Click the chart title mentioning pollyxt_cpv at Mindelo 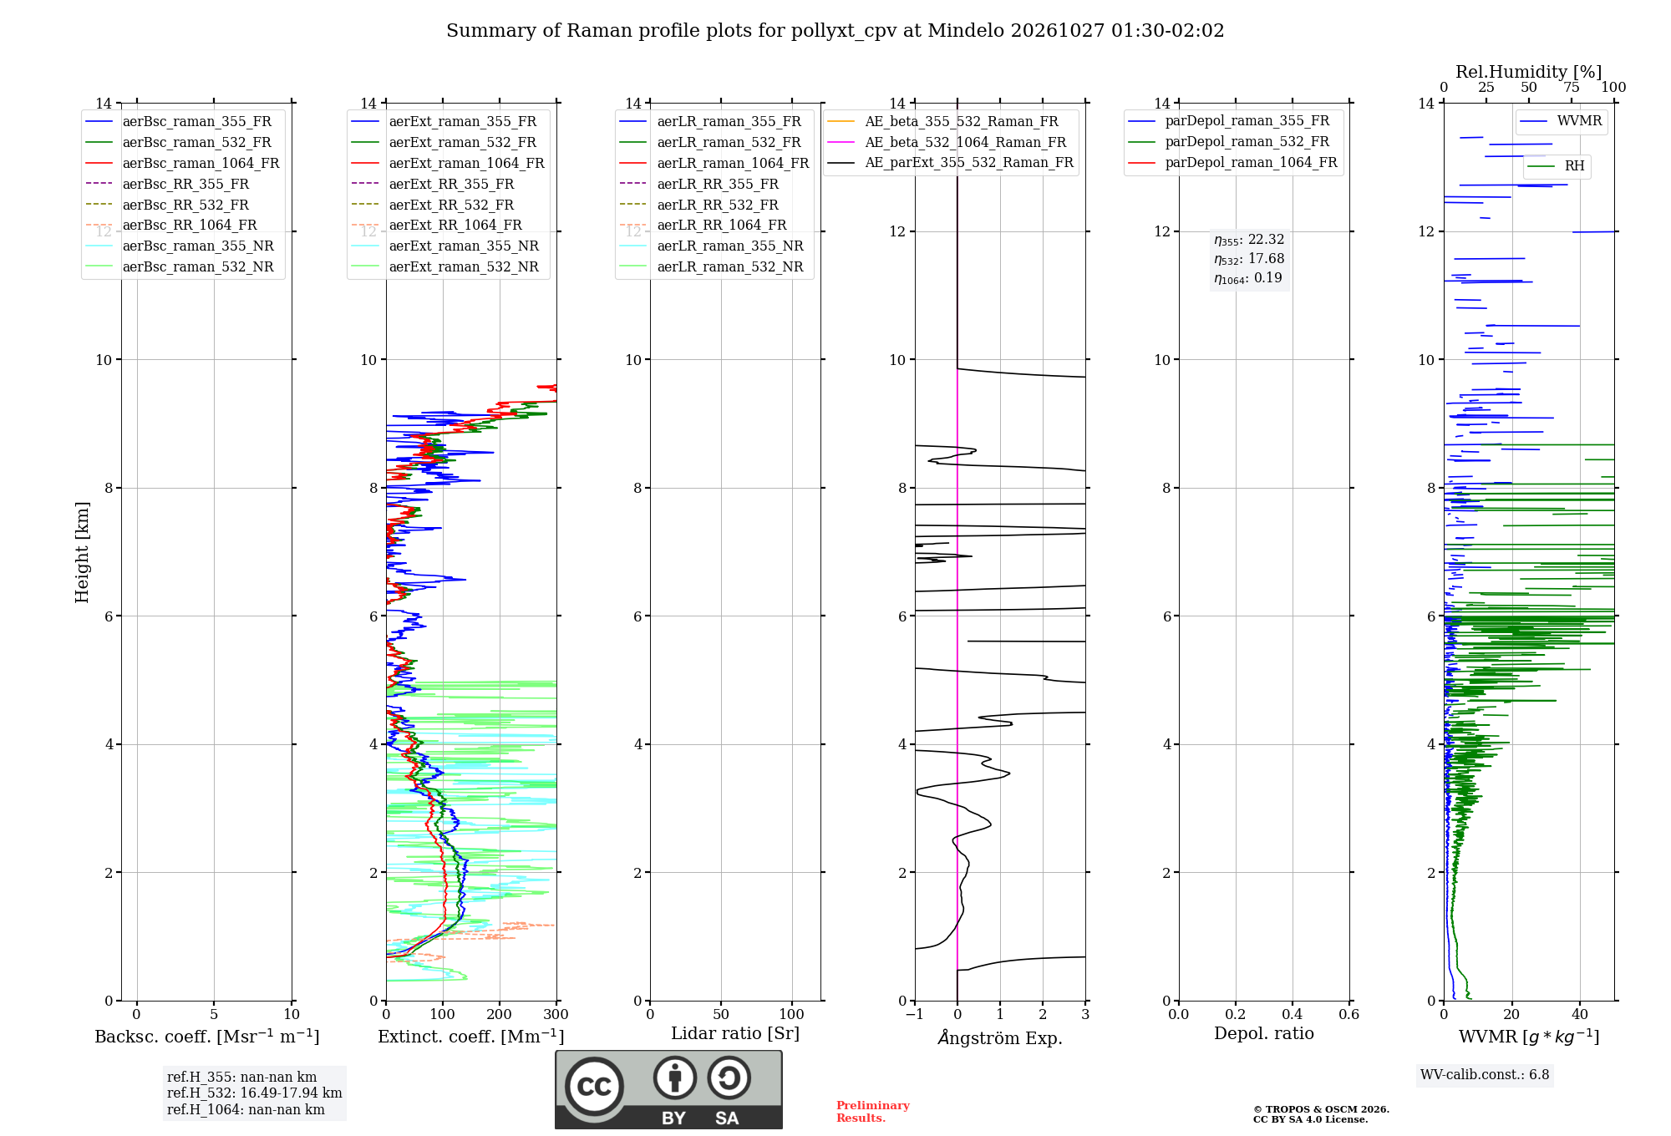(x=835, y=31)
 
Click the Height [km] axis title (x=82, y=552)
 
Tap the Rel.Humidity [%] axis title (x=1528, y=72)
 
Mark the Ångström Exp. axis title (x=1000, y=1037)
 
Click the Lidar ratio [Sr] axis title (x=735, y=1034)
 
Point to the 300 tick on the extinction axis (x=556, y=1015)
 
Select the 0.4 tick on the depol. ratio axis (x=1292, y=1015)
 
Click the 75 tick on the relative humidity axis (x=1572, y=88)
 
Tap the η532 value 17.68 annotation (x=1249, y=259)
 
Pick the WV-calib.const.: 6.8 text (x=1485, y=1075)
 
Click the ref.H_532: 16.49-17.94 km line (x=254, y=1093)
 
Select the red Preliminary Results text (x=873, y=1112)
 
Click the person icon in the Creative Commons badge (x=675, y=1078)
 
